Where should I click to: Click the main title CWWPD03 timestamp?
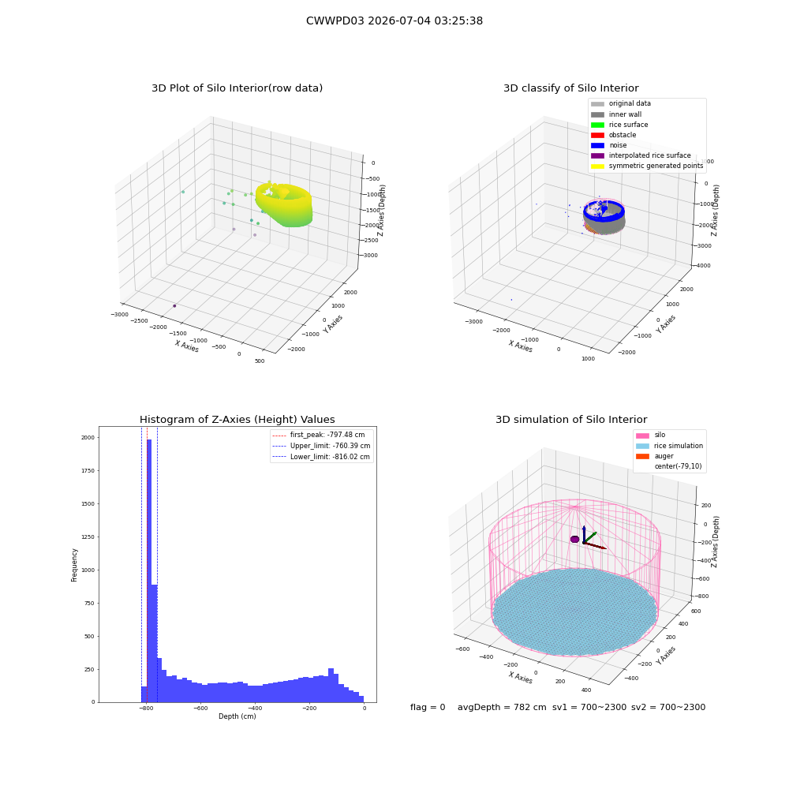394,21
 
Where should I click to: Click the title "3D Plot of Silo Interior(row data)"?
237,88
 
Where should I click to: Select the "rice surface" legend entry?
619,125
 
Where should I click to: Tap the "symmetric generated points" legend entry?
647,166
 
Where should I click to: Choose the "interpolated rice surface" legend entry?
641,155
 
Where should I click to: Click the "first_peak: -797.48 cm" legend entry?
319,435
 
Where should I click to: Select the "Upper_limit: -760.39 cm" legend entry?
321,446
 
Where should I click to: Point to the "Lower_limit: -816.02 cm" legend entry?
321,457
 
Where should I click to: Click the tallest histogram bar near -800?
149,570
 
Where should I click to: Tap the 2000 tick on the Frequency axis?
88,438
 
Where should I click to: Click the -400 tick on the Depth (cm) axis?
255,708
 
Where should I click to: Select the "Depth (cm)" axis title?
237,716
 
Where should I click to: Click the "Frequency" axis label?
74,565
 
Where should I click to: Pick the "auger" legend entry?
655,456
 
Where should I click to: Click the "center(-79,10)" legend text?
678,466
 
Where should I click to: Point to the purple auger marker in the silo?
574,540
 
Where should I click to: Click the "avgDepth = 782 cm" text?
502,707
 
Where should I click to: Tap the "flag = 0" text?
428,707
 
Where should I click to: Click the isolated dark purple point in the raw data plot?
174,306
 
